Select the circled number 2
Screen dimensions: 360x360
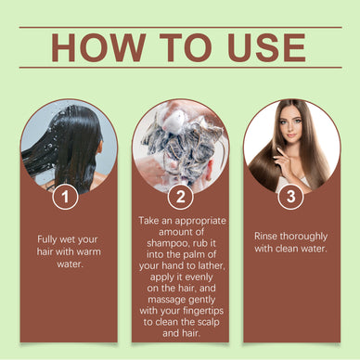[x=180, y=196]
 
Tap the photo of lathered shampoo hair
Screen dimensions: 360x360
[x=180, y=144]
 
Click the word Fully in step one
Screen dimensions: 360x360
[x=51, y=238]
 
